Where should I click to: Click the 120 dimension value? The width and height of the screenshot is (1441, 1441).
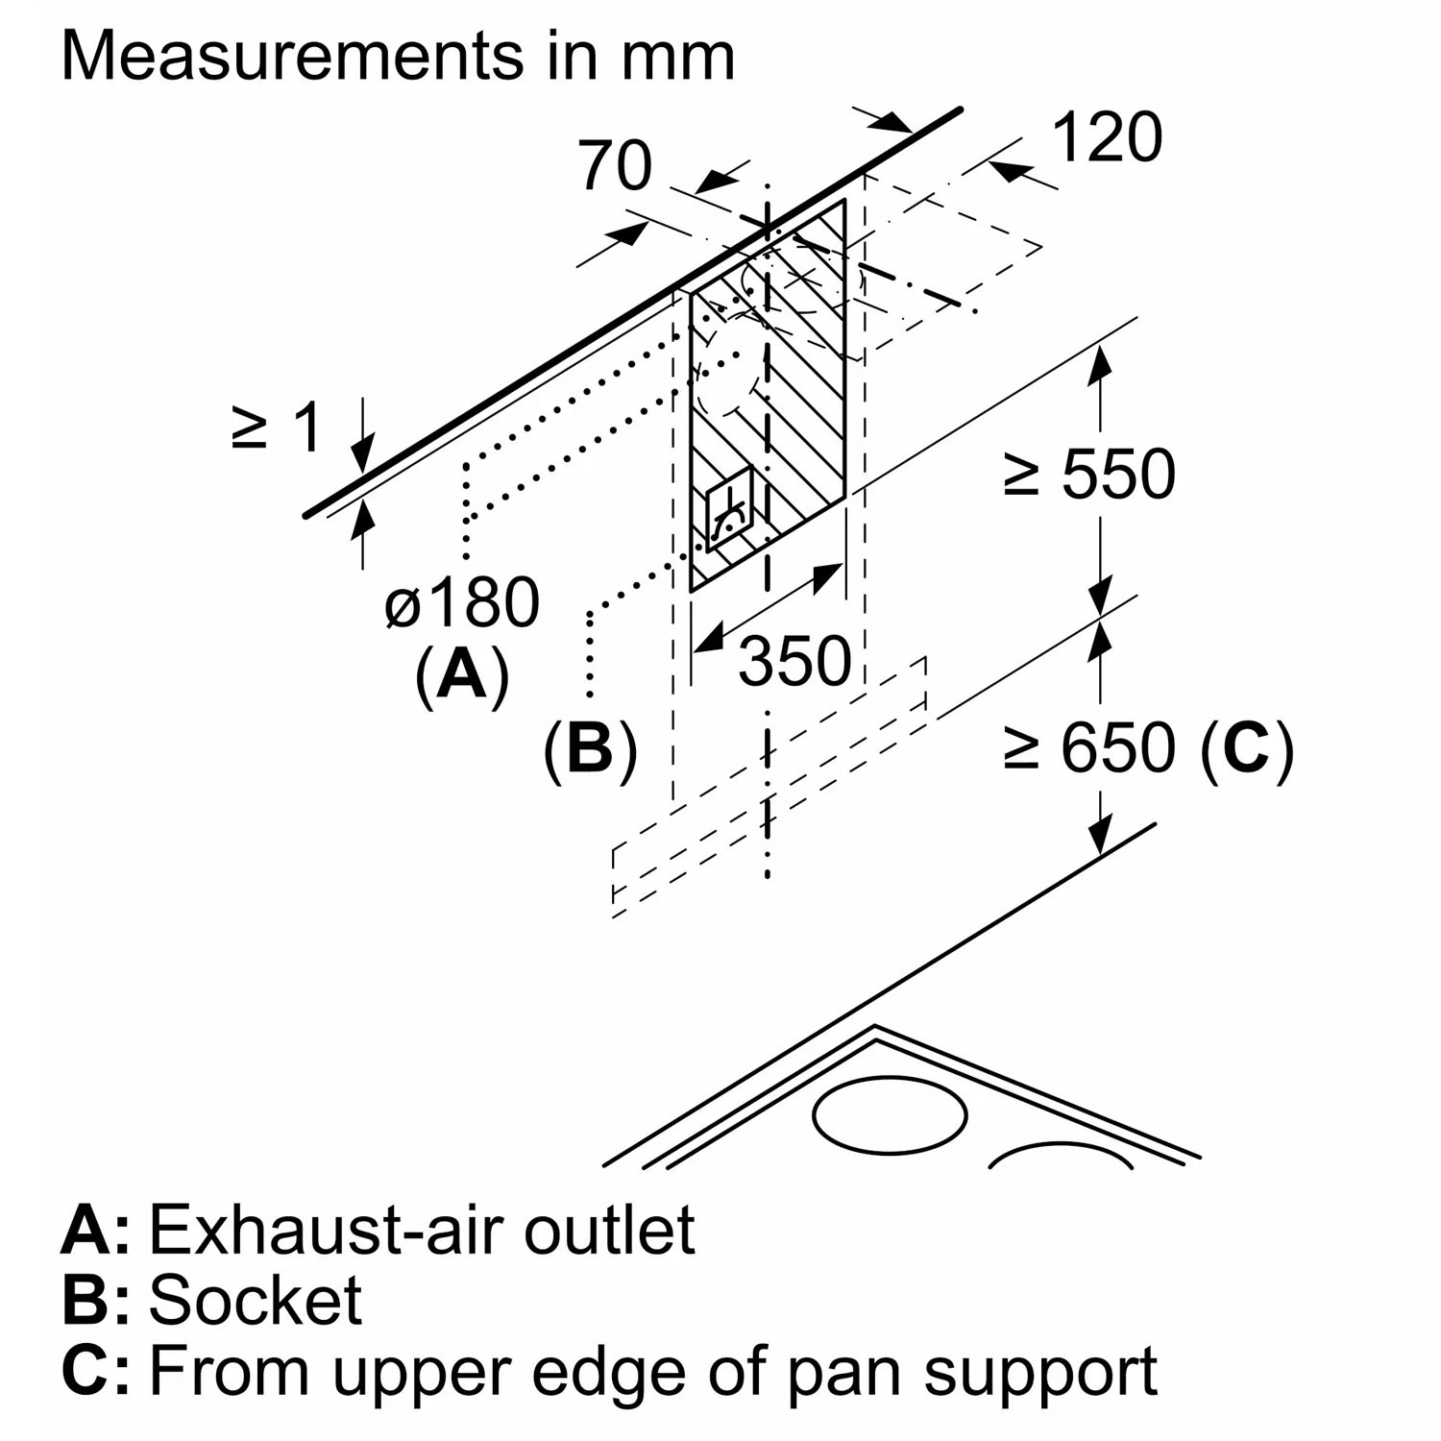click(1108, 137)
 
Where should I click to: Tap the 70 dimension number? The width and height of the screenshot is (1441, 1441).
click(615, 165)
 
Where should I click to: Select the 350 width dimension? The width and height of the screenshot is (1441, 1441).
click(794, 661)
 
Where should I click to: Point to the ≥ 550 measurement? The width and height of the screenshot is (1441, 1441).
click(1088, 474)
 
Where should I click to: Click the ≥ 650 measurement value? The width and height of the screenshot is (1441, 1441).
click(1088, 747)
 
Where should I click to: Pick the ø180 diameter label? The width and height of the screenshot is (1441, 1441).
click(462, 603)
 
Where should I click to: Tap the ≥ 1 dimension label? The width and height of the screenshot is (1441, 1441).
click(276, 427)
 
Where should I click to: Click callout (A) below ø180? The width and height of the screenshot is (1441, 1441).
click(462, 675)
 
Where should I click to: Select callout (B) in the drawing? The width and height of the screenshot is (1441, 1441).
click(591, 749)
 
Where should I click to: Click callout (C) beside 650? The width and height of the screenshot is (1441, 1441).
click(1247, 747)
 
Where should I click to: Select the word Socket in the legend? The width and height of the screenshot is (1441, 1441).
click(256, 1300)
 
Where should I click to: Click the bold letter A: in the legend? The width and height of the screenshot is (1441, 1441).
click(95, 1230)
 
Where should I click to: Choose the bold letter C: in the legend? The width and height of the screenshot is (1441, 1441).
click(95, 1370)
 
